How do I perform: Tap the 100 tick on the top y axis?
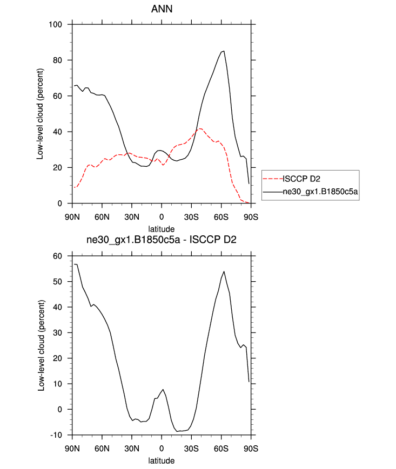click(59, 24)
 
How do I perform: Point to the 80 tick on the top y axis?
click(61, 60)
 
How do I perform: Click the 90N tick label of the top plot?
click(72, 217)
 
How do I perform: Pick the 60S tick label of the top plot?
click(221, 217)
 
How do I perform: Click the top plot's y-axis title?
click(41, 113)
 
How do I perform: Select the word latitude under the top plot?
click(161, 229)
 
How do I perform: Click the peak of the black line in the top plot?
click(224, 51)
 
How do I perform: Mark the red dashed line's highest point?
click(200, 128)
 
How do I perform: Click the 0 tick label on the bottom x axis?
click(161, 449)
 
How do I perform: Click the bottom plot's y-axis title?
click(41, 345)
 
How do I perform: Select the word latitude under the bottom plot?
click(161, 460)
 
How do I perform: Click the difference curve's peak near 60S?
click(224, 271)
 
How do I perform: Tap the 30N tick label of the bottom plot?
click(131, 449)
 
